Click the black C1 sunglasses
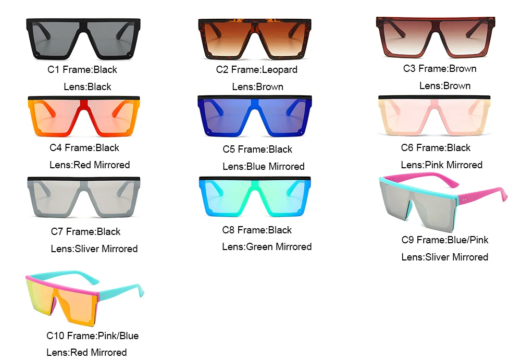click(x=82, y=39)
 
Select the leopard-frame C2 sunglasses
click(x=254, y=39)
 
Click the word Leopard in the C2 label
click(x=279, y=69)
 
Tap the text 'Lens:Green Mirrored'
click(x=267, y=246)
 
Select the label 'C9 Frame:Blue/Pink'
click(x=445, y=240)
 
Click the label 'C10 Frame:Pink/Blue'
click(x=93, y=336)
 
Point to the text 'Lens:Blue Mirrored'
click(x=264, y=166)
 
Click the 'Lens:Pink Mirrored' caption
click(x=442, y=165)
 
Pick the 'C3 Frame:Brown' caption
click(x=440, y=68)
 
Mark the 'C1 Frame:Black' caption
click(x=82, y=69)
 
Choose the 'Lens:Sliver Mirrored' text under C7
click(x=94, y=249)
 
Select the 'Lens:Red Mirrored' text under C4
click(x=90, y=165)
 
